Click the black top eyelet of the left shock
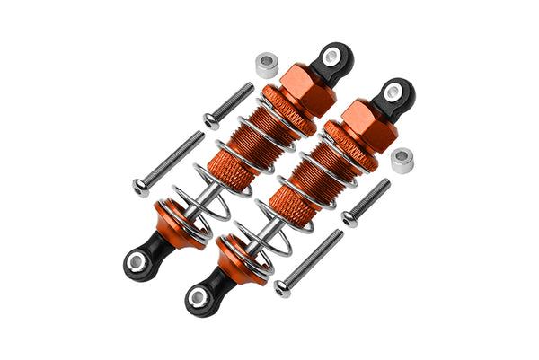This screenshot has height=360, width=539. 333,59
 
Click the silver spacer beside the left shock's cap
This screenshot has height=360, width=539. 267,65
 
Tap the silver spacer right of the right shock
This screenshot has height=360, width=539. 402,160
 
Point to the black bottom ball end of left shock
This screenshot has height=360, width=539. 139,261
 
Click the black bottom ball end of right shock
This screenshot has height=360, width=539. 200,297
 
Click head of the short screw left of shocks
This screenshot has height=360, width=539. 212,120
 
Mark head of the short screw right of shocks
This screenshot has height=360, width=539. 349,218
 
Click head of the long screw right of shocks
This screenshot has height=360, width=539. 283,287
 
